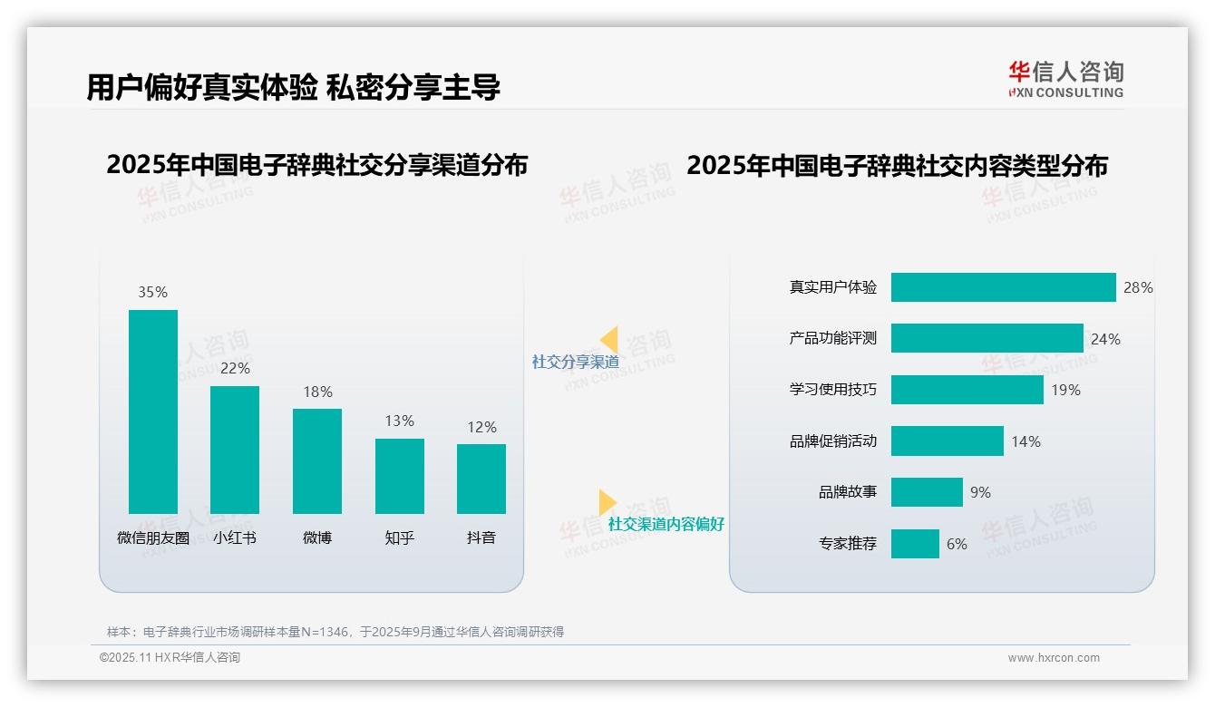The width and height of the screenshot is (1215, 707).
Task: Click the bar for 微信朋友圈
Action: coord(153,412)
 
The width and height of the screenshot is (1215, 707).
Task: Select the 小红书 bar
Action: coord(235,450)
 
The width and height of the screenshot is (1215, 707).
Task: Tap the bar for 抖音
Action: coord(481,479)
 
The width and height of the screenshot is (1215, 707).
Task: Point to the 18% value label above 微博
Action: coord(317,392)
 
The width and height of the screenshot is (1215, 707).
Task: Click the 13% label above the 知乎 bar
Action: coord(399,421)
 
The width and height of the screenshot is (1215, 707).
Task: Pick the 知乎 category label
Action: coord(399,538)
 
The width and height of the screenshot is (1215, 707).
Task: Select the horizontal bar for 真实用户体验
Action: coord(1003,287)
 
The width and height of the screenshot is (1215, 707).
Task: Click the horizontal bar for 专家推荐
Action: coord(915,544)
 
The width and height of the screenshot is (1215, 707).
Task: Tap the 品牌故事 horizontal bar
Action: coord(927,492)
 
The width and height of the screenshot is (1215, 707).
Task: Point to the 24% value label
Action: coord(1105,339)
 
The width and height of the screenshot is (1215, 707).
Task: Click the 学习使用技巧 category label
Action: coord(833,390)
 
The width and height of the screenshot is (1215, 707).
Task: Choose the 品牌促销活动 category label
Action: coord(833,441)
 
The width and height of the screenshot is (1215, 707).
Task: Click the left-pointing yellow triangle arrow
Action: coord(609,340)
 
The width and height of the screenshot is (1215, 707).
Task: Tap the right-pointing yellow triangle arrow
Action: coord(607,502)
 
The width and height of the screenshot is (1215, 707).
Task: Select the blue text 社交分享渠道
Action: coord(575,362)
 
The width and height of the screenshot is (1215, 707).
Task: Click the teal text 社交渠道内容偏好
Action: coord(666,524)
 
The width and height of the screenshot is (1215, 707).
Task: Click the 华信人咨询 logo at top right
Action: coord(1065,79)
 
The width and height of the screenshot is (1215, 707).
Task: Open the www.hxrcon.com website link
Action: coord(1054,658)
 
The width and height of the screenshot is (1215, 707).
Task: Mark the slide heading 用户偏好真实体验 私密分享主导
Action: coord(293,87)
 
